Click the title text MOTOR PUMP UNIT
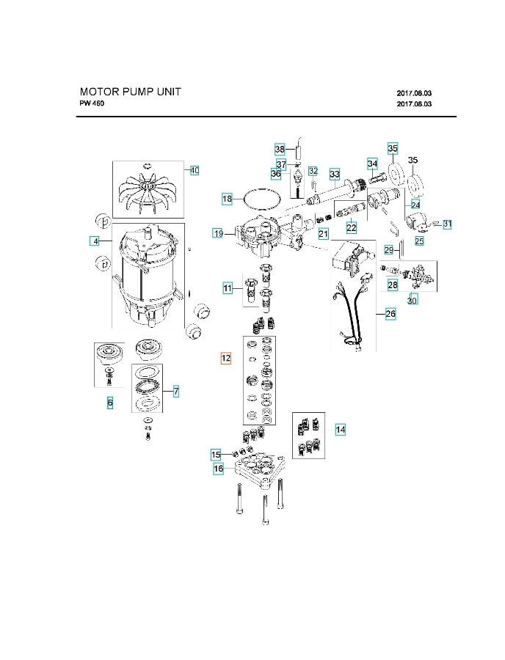[130, 92]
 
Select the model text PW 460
[93, 104]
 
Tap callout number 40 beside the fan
[194, 170]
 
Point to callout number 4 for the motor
[95, 241]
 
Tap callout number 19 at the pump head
[218, 233]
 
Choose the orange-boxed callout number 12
[226, 358]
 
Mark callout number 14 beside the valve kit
[340, 430]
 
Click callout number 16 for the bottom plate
[218, 468]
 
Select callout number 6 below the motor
[110, 403]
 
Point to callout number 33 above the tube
[335, 174]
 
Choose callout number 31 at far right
[447, 224]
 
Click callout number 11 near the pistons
[228, 289]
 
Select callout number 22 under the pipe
[352, 228]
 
